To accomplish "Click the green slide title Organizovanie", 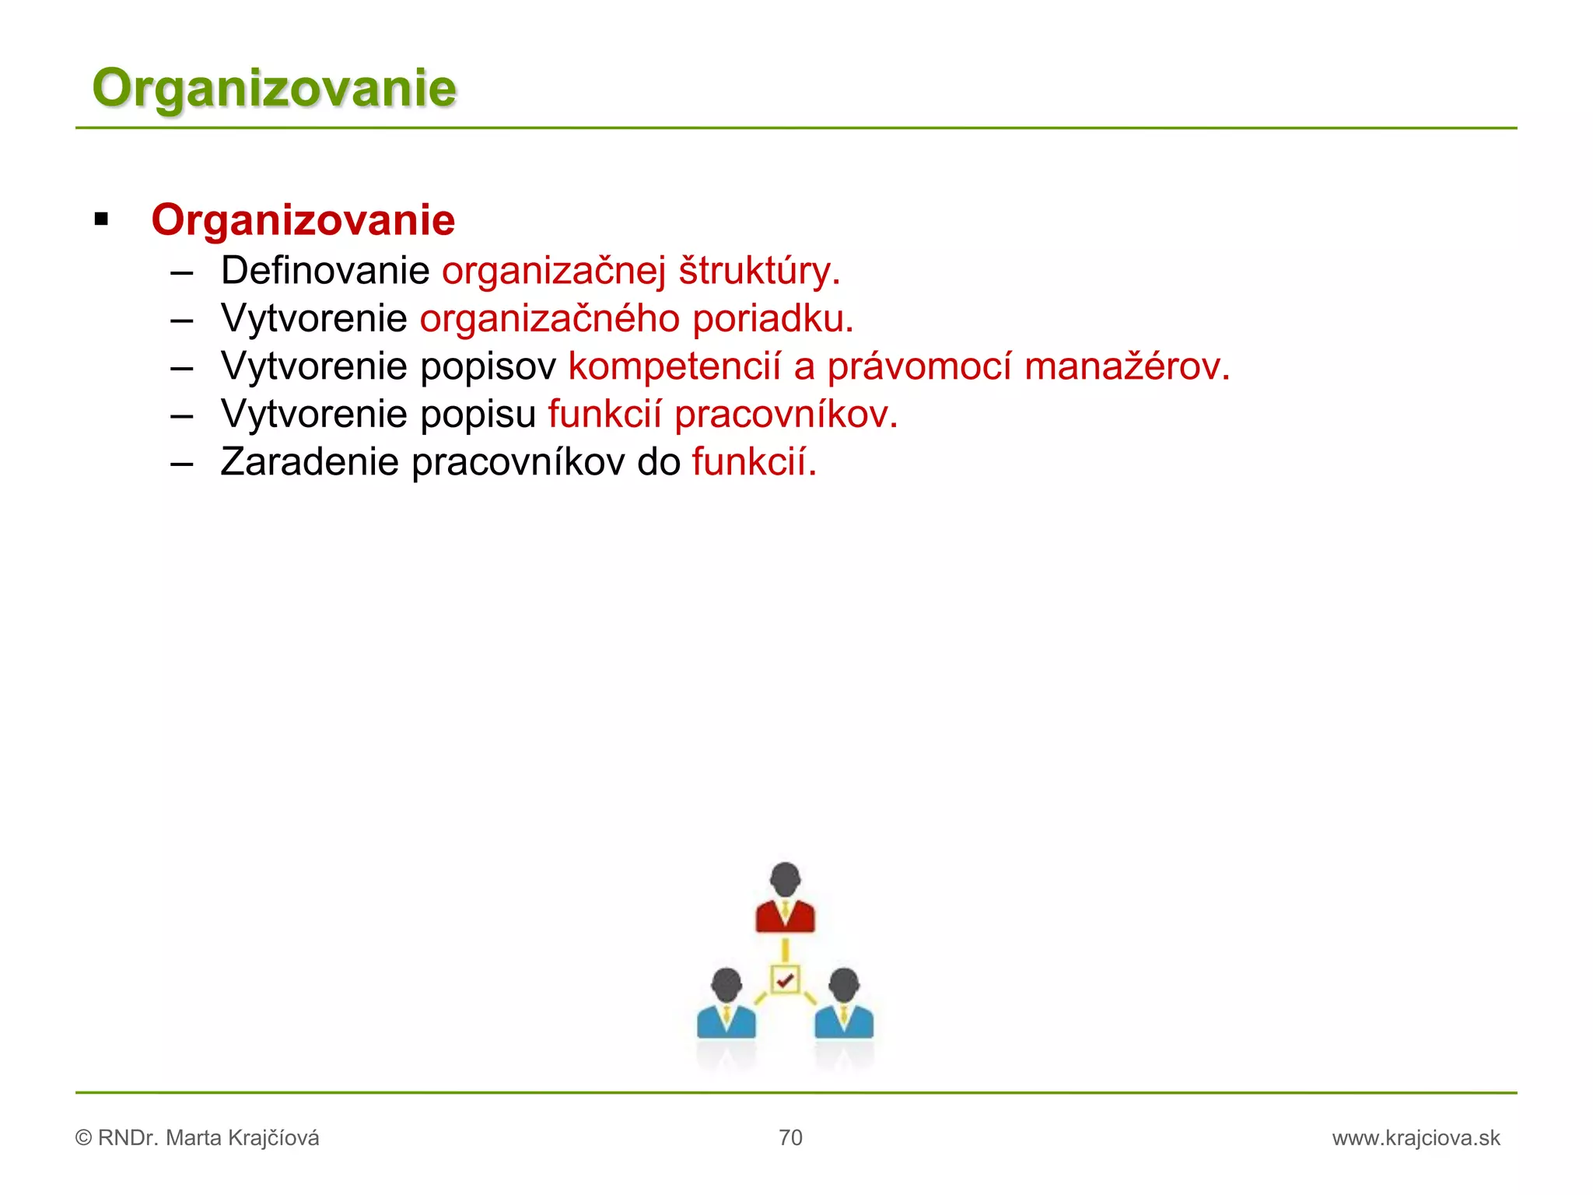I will pos(274,87).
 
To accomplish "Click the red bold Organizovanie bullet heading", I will pos(303,219).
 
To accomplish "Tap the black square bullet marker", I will pos(101,219).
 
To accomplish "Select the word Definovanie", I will pos(325,271).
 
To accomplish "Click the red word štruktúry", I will pos(758,271).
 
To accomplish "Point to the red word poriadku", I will pos(772,319).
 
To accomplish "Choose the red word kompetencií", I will pos(674,366).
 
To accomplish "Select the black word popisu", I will pos(478,414).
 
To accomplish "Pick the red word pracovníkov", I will pos(786,414).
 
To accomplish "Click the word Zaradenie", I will pos(309,461).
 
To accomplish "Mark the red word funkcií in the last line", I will pos(754,461).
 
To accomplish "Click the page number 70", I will pos(790,1137).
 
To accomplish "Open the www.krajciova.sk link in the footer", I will pos(1416,1138).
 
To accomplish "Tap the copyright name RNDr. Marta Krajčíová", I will pos(208,1138).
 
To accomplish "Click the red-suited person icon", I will pos(785,899).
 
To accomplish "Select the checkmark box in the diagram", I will pos(785,980).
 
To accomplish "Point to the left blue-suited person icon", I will pos(726,1004).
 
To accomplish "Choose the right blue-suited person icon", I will pos(844,1004).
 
